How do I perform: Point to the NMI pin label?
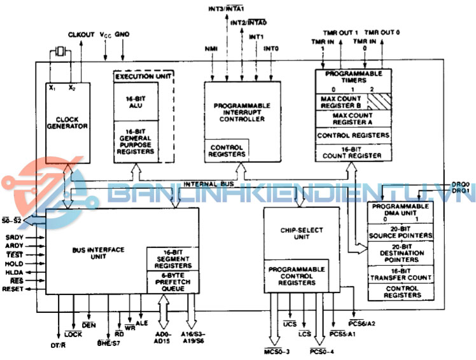(x=211, y=49)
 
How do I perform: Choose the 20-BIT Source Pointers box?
(x=401, y=232)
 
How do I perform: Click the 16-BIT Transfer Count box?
(x=401, y=273)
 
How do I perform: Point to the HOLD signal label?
(x=13, y=263)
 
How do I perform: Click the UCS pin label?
(x=290, y=324)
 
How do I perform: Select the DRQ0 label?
(x=460, y=183)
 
